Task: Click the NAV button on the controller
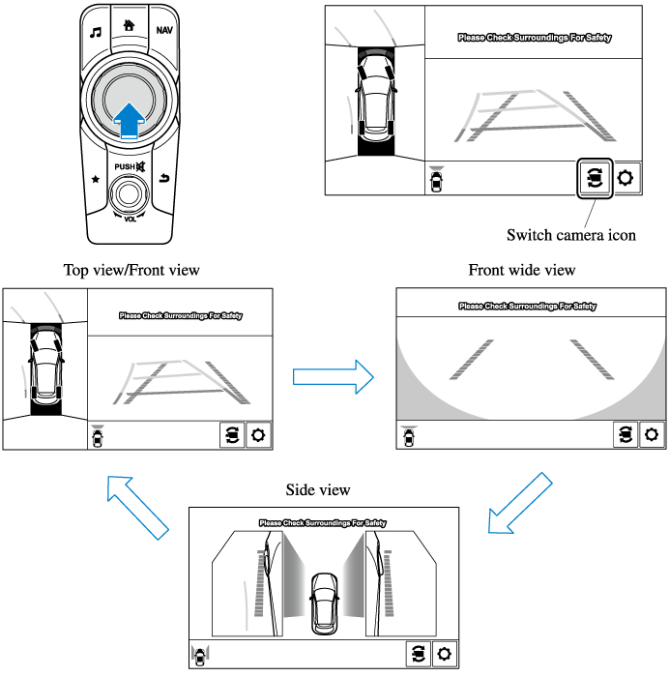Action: [x=164, y=31]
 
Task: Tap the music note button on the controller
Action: [x=95, y=31]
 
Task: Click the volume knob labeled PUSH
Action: [x=130, y=196]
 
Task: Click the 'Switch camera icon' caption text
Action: [x=571, y=235]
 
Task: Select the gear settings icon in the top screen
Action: [x=627, y=179]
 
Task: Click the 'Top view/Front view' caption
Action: [x=131, y=270]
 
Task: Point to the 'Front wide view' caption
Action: [x=521, y=270]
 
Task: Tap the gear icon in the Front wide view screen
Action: [x=652, y=435]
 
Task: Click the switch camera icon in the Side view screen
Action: [x=417, y=653]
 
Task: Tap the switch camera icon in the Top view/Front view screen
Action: [x=232, y=435]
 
